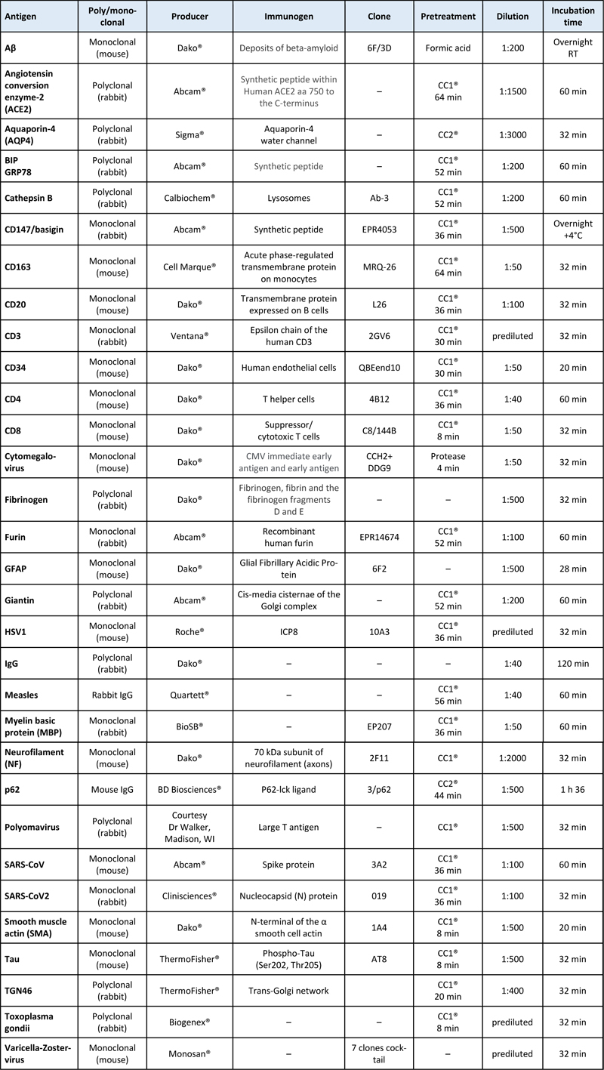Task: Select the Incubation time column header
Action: (572, 15)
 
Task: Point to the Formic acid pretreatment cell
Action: (445, 48)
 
